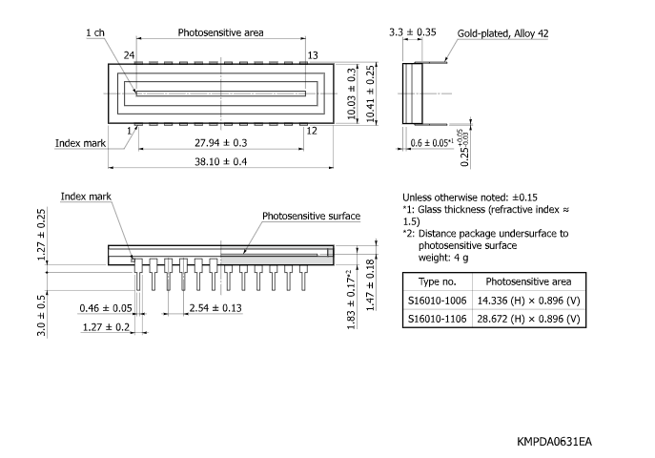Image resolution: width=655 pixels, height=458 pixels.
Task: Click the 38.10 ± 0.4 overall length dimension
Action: (220, 161)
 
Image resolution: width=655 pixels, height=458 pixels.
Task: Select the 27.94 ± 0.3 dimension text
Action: (220, 142)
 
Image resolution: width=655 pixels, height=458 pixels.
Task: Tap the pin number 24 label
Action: (128, 55)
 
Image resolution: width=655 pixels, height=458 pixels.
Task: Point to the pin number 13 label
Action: (313, 55)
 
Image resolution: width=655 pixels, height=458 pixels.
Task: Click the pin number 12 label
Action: (312, 131)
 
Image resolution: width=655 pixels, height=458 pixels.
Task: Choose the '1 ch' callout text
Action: (95, 32)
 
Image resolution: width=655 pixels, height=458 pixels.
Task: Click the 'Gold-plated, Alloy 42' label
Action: (502, 33)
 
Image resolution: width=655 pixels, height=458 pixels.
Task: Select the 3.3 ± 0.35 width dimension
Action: (413, 32)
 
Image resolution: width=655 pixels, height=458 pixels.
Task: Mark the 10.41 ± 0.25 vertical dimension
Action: (370, 94)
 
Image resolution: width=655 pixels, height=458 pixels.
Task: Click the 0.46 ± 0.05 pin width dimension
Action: (106, 308)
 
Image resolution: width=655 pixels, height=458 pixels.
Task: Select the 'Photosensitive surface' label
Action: (312, 217)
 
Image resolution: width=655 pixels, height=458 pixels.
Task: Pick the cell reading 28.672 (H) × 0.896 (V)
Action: (528, 319)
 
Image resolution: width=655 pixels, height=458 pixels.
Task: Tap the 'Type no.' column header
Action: (438, 281)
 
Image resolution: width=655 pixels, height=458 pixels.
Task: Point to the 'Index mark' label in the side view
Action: (87, 196)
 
